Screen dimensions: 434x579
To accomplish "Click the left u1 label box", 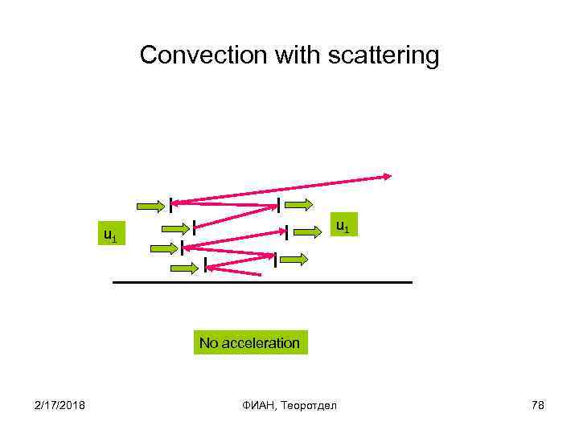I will (110, 235).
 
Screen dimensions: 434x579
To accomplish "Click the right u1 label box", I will (342, 227).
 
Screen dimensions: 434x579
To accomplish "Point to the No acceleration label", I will (249, 343).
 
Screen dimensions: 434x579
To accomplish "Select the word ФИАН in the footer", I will (261, 404).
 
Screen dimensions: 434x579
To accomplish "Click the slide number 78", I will (538, 404).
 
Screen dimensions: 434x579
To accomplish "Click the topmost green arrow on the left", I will (151, 206).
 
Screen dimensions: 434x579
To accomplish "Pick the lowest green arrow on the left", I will (184, 267).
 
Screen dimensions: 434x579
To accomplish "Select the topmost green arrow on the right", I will (299, 204).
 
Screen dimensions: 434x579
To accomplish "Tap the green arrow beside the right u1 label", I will (308, 231).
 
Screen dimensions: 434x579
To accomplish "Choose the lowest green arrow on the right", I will (294, 259).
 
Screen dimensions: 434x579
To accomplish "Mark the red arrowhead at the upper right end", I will (388, 176).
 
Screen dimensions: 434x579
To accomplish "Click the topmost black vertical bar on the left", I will (170, 207).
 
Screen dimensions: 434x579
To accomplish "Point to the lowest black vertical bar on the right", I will (275, 260).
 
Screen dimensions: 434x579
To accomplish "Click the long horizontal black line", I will (262, 283).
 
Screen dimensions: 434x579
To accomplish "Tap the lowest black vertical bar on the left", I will (205, 264).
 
